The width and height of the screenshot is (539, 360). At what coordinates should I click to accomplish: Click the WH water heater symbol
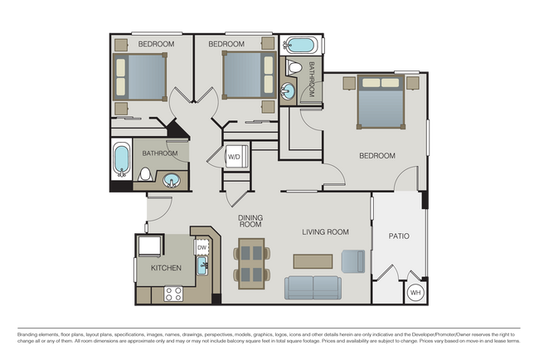click(415, 293)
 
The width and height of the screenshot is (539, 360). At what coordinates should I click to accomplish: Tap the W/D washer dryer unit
click(237, 157)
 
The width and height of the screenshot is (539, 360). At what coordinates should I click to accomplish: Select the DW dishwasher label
click(202, 247)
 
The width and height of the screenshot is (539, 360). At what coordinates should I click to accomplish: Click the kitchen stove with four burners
click(173, 294)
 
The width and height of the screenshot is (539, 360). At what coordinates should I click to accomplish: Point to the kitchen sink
click(202, 265)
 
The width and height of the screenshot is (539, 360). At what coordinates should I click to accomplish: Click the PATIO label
click(399, 236)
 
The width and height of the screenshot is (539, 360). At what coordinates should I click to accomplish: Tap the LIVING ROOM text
click(325, 232)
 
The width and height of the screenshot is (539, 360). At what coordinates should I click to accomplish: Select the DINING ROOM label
click(250, 221)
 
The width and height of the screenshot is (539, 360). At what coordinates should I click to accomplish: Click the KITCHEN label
click(166, 268)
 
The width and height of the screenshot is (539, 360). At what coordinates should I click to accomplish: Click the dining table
click(251, 264)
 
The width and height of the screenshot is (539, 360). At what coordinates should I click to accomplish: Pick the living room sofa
click(313, 288)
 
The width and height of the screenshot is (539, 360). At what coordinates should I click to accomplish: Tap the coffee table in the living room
click(313, 261)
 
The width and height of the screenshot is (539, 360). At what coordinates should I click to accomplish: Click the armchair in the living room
click(353, 261)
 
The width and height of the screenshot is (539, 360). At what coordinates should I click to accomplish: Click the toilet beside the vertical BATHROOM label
click(294, 67)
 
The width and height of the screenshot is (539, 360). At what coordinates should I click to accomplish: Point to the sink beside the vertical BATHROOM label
click(288, 91)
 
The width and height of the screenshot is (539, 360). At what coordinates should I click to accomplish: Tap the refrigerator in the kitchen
click(149, 246)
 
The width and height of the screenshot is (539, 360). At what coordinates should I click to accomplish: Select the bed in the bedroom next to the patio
click(381, 102)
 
